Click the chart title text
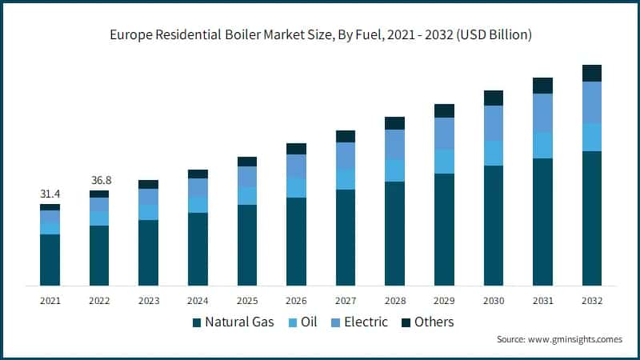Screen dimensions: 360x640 tap(320, 35)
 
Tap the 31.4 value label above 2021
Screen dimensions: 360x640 tap(50, 194)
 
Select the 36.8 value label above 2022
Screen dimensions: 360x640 tap(99, 181)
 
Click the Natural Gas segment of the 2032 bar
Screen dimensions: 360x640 tap(591, 218)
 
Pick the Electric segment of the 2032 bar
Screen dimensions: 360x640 tap(591, 102)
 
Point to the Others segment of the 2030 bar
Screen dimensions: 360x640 tap(494, 98)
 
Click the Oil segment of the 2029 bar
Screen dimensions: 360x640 tap(444, 161)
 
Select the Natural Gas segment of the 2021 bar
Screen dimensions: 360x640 tap(50, 259)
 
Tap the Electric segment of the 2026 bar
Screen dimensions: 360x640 tap(296, 166)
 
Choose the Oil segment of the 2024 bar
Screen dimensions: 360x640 tap(198, 204)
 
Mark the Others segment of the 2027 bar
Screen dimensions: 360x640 tap(346, 136)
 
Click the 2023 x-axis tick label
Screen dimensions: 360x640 tap(148, 301)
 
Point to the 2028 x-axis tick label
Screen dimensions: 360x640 tap(394, 301)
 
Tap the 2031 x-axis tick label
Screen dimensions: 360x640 tap(542, 301)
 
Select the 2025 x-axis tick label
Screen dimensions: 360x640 tap(247, 301)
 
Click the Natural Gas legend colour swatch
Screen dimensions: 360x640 tap(197, 322)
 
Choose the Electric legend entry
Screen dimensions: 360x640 tap(360, 322)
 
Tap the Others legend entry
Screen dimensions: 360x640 tap(427, 322)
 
